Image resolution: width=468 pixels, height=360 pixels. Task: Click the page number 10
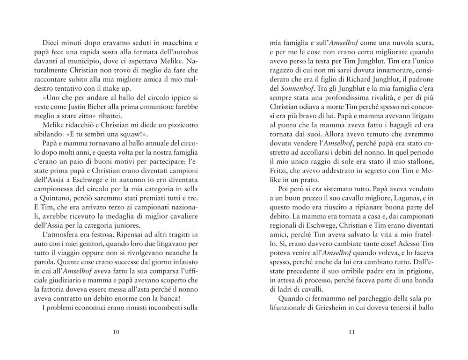coord(116,332)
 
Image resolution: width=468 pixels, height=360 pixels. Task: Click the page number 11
coord(352,332)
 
